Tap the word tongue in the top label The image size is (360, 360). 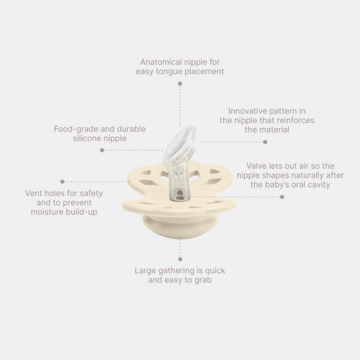[x=169, y=71]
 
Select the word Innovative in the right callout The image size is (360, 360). [x=246, y=111]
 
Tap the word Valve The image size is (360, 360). [x=256, y=166]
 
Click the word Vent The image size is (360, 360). [x=33, y=193]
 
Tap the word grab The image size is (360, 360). [x=203, y=280]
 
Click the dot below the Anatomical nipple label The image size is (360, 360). [x=180, y=83]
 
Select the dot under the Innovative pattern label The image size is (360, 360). [x=265, y=142]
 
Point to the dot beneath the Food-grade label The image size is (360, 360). [x=102, y=150]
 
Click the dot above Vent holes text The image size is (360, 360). [x=62, y=182]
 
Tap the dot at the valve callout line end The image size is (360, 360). [x=282, y=197]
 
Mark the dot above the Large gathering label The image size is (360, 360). [x=180, y=259]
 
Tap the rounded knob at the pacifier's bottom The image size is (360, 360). [x=180, y=227]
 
